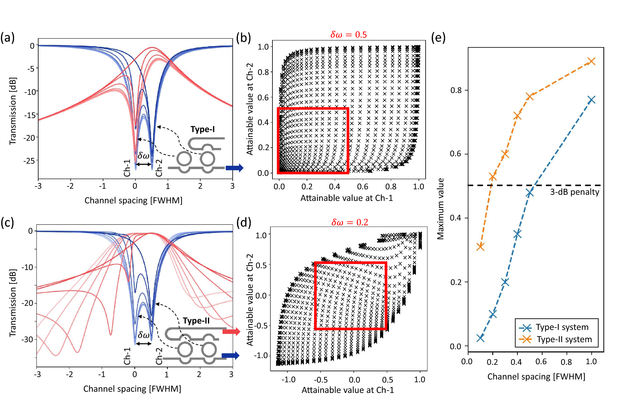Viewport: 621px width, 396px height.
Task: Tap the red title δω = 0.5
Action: [348, 35]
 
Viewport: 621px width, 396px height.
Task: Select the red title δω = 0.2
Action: [349, 222]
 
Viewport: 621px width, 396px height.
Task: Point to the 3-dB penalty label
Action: [575, 192]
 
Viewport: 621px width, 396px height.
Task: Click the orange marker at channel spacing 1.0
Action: [591, 61]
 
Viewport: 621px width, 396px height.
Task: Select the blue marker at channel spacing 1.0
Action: [591, 100]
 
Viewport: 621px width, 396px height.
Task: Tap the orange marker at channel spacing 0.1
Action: [480, 246]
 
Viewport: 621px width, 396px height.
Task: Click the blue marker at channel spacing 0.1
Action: [480, 338]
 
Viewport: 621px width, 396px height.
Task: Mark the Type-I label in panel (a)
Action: [202, 129]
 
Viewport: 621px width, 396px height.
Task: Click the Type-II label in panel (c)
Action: [196, 320]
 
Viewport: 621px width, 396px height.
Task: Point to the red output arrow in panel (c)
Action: [231, 331]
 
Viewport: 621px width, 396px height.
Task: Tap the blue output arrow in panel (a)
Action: [234, 168]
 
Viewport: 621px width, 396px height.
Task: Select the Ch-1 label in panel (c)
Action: [127, 356]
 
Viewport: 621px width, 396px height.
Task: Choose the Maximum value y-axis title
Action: [440, 209]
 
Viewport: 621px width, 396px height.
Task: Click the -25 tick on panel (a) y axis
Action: [29, 161]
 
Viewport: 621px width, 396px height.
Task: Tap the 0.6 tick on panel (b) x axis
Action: [363, 187]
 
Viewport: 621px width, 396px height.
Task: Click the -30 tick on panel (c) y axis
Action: [27, 339]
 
